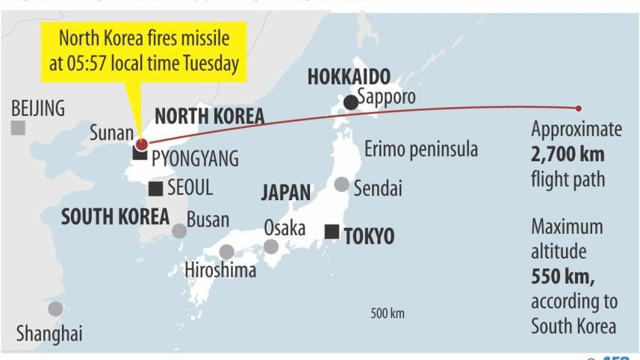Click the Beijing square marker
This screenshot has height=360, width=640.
(x=18, y=128)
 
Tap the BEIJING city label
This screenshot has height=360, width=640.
(x=38, y=108)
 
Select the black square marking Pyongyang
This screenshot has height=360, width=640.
(x=139, y=154)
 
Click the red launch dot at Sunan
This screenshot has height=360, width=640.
(x=142, y=143)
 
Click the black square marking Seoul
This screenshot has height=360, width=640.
(x=155, y=188)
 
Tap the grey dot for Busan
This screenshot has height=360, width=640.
(x=179, y=231)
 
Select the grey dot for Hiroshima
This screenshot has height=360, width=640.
(x=226, y=252)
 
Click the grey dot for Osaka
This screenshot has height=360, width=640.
(x=271, y=246)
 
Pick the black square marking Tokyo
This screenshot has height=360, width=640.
(x=332, y=232)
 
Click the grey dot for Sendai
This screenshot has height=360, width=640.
(x=341, y=184)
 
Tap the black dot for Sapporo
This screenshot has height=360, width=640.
(x=349, y=102)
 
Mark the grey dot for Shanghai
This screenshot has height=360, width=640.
(x=55, y=308)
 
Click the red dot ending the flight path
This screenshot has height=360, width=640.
(x=578, y=109)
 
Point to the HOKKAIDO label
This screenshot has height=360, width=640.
(x=350, y=77)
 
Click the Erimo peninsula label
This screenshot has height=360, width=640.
(x=420, y=149)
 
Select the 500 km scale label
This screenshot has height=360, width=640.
(x=387, y=313)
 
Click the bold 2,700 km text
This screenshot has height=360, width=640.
(x=568, y=155)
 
